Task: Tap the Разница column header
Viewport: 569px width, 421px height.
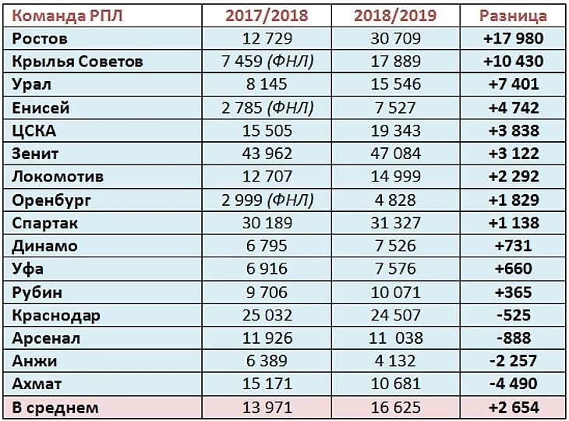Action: (x=513, y=16)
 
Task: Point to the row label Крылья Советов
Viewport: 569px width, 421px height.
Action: (x=78, y=62)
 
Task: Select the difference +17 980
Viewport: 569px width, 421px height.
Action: (x=513, y=38)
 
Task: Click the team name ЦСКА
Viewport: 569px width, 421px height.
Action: (x=35, y=131)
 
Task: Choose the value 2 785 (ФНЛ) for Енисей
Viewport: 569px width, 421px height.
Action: (x=267, y=108)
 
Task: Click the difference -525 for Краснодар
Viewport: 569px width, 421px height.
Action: (x=513, y=316)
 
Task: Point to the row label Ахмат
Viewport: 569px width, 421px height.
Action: (x=37, y=384)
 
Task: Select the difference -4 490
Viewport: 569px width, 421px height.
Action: (x=513, y=384)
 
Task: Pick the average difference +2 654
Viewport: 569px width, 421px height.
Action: (x=513, y=408)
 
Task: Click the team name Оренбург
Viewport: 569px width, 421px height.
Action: (x=52, y=200)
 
